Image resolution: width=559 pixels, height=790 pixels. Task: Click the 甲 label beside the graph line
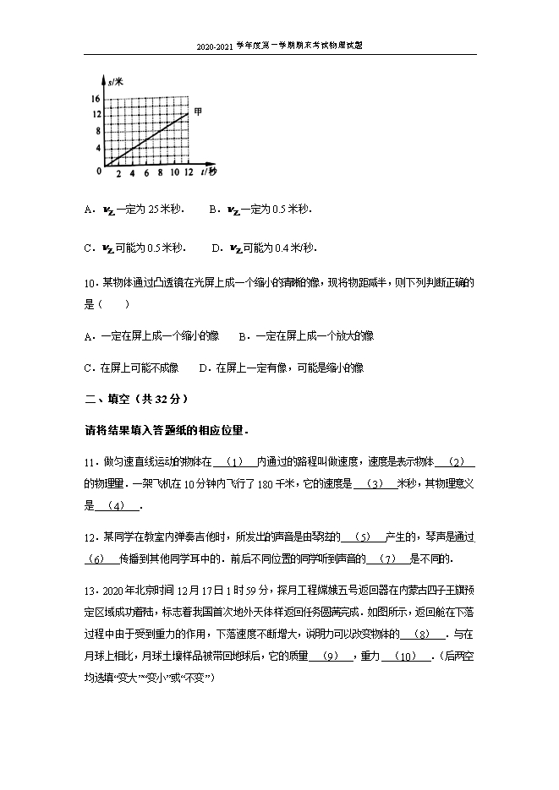(x=198, y=112)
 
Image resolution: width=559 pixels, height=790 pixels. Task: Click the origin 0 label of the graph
(x=99, y=172)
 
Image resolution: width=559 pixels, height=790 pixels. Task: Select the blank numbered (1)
(x=236, y=461)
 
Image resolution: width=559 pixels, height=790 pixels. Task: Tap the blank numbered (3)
(x=377, y=483)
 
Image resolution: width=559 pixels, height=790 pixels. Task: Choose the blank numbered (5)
(x=363, y=537)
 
